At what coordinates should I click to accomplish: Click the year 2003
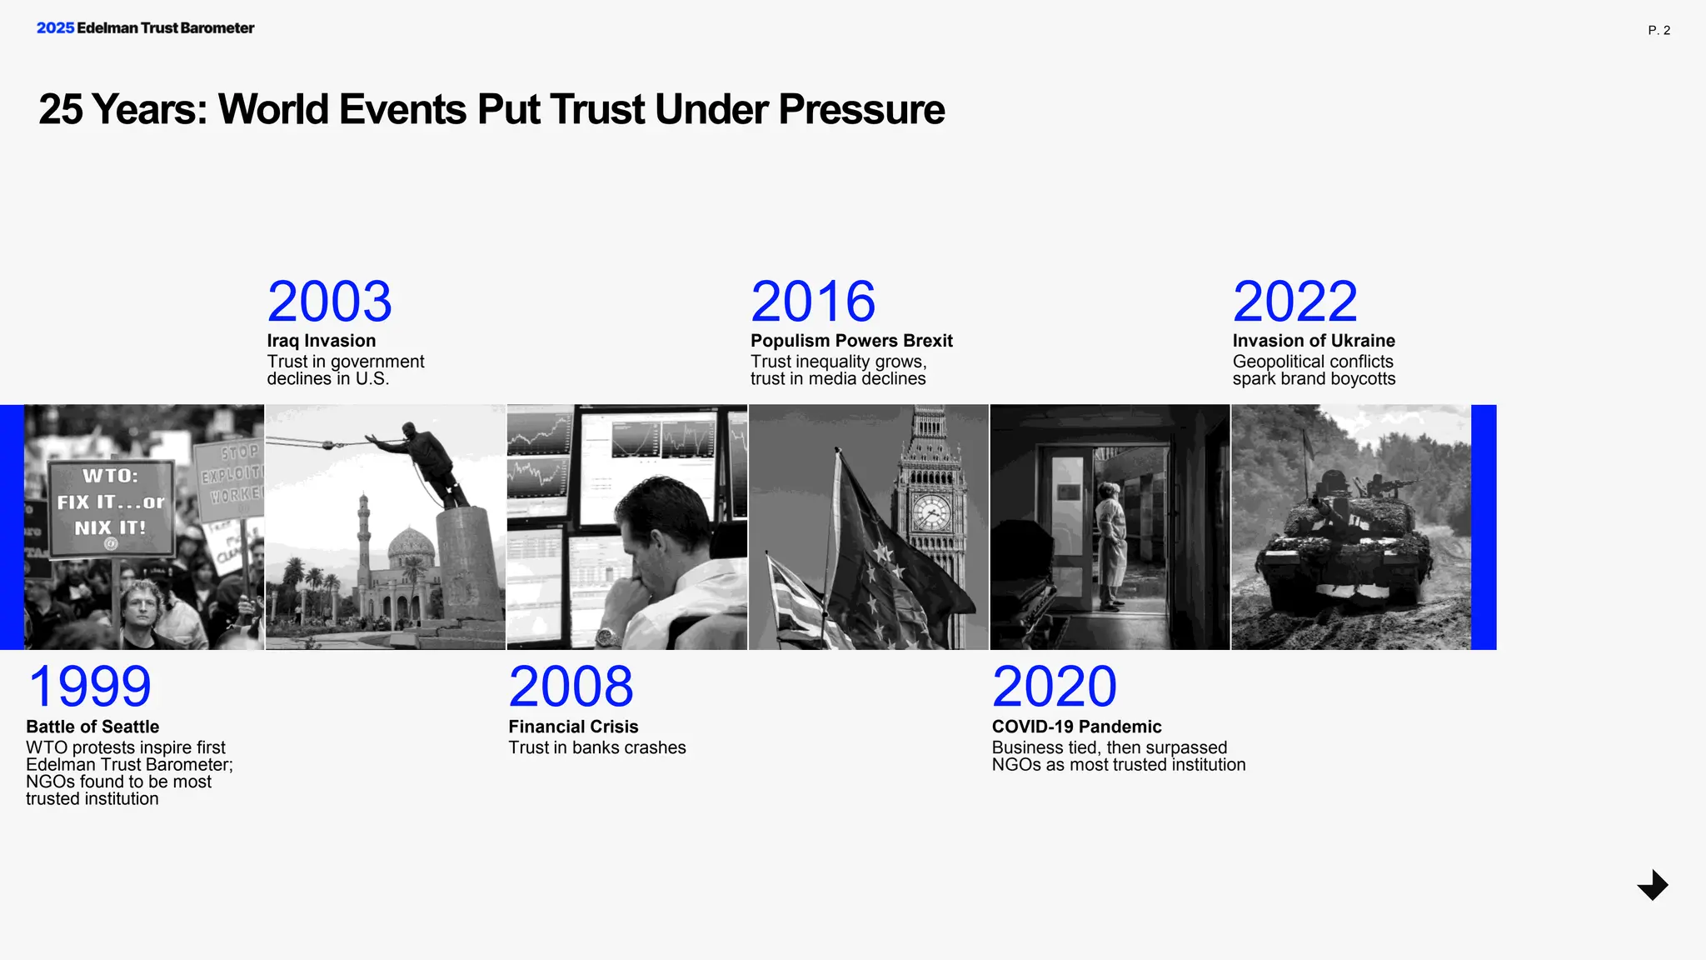(x=329, y=302)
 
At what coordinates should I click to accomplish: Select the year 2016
(x=812, y=302)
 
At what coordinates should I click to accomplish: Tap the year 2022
(x=1294, y=302)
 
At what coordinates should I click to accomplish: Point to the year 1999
(x=89, y=687)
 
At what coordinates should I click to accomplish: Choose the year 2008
(x=571, y=687)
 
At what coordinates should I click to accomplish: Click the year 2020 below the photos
(x=1054, y=687)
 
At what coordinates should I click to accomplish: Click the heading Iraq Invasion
(x=321, y=341)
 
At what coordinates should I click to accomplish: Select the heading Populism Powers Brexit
(x=851, y=341)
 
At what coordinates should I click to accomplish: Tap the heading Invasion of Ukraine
(x=1313, y=341)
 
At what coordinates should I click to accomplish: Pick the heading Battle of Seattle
(x=92, y=727)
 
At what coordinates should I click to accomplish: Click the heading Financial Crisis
(x=573, y=727)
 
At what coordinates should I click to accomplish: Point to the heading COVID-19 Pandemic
(x=1076, y=727)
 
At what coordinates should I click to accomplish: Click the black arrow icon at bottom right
(x=1653, y=885)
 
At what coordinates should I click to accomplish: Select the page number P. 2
(x=1659, y=30)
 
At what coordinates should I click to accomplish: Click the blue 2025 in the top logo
(x=55, y=27)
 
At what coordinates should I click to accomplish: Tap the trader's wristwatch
(x=606, y=638)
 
